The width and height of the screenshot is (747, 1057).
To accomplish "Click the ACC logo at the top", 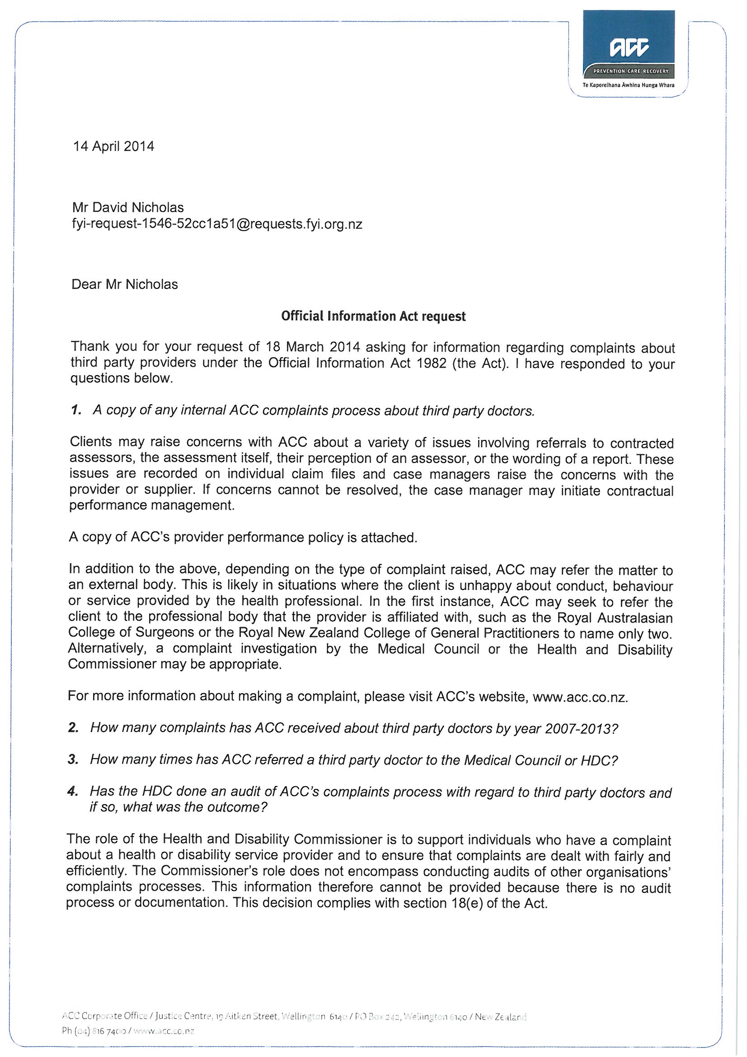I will point(629,47).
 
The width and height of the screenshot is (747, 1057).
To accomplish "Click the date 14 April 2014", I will point(114,146).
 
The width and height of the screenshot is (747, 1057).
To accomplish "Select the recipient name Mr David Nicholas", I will point(128,208).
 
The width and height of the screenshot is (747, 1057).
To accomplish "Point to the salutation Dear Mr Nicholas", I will point(124,284).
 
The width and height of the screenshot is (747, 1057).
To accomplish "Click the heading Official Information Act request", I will point(373,316).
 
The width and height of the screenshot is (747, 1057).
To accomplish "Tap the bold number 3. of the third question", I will point(73,759).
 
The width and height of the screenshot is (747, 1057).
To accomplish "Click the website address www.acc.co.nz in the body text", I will point(579,697).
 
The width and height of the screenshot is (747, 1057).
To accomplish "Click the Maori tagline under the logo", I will point(628,85).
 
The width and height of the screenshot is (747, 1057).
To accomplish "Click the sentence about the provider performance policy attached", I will point(243,538).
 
